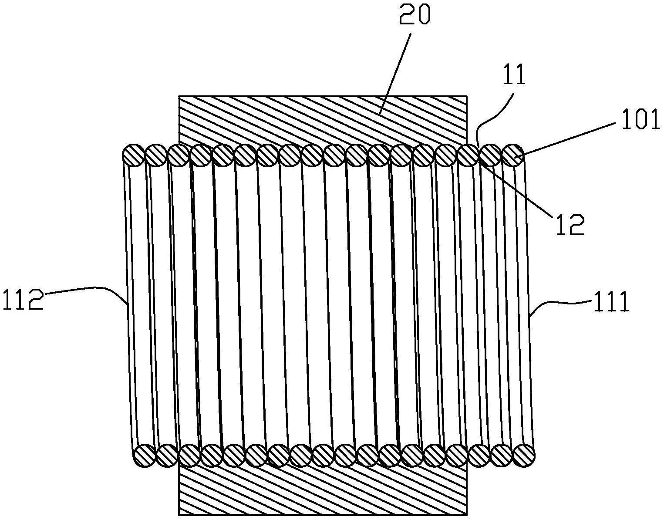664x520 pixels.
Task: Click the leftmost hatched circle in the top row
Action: tap(133, 155)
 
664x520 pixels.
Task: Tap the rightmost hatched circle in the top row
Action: tap(513, 155)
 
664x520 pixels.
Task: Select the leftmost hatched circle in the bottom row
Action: tap(144, 456)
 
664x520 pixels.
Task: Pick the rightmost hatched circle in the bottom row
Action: tap(524, 456)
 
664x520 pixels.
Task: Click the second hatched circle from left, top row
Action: tap(155, 155)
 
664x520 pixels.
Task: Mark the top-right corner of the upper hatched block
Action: tap(467, 96)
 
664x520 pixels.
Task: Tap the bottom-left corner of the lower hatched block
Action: tap(179, 515)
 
